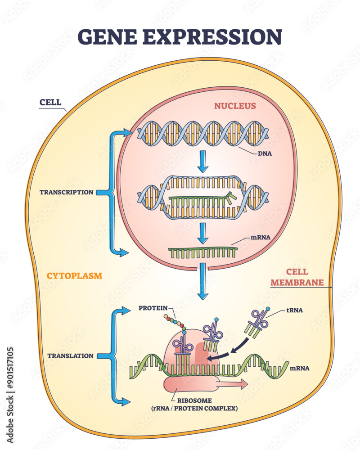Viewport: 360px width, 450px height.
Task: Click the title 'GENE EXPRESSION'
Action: pos(180,36)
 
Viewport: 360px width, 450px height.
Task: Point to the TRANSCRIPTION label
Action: pos(66,192)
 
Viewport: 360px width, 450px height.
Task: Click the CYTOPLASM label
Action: pos(74,275)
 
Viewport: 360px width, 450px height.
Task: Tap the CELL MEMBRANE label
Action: pos(305,277)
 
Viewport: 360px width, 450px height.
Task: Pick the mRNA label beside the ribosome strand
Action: pos(300,368)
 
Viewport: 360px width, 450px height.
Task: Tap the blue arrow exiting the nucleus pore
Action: pos(203,281)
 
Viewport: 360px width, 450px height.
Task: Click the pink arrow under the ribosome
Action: pos(232,384)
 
